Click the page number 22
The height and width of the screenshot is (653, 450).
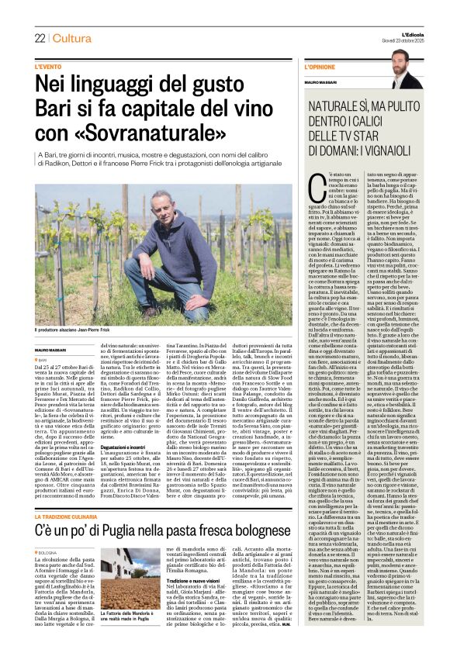coord(40,38)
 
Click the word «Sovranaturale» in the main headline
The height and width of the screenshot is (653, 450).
coord(137,133)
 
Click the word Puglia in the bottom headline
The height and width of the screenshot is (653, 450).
coord(143,510)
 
